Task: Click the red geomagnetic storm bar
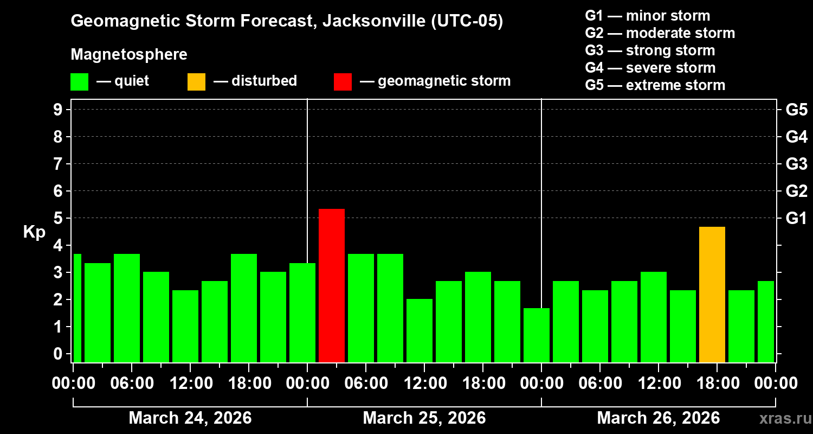click(x=332, y=285)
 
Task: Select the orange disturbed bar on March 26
click(x=712, y=295)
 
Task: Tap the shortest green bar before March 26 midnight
click(x=537, y=335)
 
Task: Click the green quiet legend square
click(x=80, y=82)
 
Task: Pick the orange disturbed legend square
click(x=197, y=82)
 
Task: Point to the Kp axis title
click(x=34, y=232)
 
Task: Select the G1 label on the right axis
click(x=796, y=218)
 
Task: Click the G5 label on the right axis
click(x=796, y=110)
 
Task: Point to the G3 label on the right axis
click(x=796, y=164)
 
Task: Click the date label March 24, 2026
click(x=190, y=418)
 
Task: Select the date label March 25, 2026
click(x=424, y=418)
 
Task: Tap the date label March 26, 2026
click(x=659, y=418)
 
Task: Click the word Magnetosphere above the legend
click(x=129, y=55)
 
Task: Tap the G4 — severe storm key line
click(x=650, y=68)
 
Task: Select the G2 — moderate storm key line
click(x=660, y=33)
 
